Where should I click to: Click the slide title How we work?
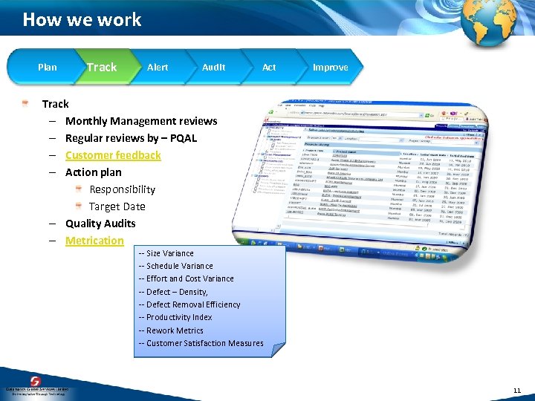tap(82, 19)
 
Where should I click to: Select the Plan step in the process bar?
tap(47, 68)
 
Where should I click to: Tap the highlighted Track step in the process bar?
tap(102, 68)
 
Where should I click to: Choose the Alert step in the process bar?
tap(158, 68)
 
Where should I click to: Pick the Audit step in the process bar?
tap(214, 68)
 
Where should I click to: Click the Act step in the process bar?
tap(269, 68)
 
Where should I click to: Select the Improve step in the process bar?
tap(330, 68)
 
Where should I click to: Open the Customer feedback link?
tap(113, 155)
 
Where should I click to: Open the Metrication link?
tap(94, 241)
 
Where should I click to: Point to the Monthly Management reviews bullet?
tap(141, 121)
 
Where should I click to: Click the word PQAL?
tap(182, 138)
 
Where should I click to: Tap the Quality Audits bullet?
tap(100, 224)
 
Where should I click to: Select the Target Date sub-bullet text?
tap(117, 206)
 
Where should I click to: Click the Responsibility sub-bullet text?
tap(122, 189)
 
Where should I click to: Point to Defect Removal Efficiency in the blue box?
tap(192, 304)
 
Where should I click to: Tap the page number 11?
tap(517, 390)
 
